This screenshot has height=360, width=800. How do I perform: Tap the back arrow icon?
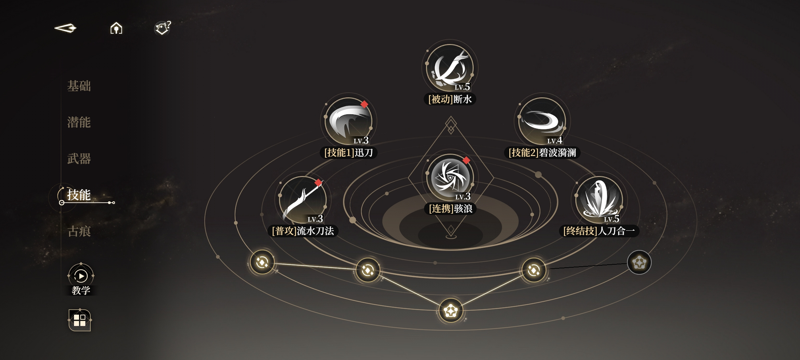point(65,28)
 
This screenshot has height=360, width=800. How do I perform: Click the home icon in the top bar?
point(116,28)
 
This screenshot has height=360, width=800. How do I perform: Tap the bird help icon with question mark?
point(163,28)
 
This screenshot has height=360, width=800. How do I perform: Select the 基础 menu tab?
point(79,86)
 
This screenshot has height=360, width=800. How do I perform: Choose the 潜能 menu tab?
point(79,122)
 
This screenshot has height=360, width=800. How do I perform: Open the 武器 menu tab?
point(79,159)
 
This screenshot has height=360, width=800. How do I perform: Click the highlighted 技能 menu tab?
point(79,195)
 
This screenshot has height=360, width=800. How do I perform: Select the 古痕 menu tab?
point(79,231)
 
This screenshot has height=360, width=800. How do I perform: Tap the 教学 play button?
point(81,276)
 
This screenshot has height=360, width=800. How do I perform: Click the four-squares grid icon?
point(80,320)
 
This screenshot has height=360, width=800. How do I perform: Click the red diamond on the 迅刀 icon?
point(364,104)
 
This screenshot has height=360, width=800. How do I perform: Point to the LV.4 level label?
point(555,140)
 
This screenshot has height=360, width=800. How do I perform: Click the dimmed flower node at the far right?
point(639,262)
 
